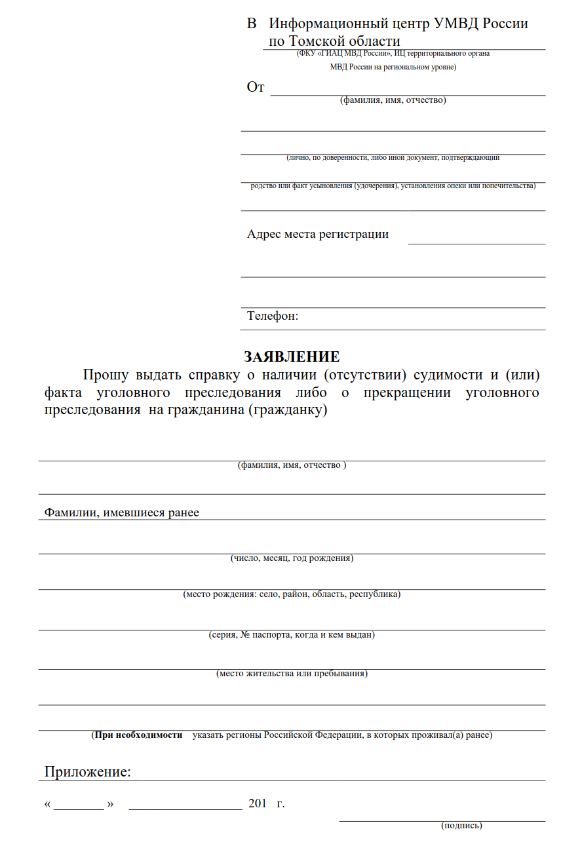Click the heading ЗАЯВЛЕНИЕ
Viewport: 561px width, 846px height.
pyautogui.click(x=292, y=357)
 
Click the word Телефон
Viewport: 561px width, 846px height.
pyautogui.click(x=272, y=316)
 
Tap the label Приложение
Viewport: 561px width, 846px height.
pyautogui.click(x=87, y=772)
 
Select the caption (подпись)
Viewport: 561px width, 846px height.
pyautogui.click(x=462, y=825)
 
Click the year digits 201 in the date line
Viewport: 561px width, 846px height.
pyautogui.click(x=258, y=804)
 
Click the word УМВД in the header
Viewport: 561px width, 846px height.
pyautogui.click(x=456, y=24)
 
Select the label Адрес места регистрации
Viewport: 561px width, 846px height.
pyautogui.click(x=318, y=234)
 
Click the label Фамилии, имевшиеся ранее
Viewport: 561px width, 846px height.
pyautogui.click(x=121, y=512)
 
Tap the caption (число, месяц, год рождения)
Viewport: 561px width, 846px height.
pyautogui.click(x=292, y=558)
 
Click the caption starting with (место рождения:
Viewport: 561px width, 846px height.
pyautogui.click(x=292, y=594)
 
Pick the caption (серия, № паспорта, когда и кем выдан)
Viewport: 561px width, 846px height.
pyautogui.click(x=292, y=635)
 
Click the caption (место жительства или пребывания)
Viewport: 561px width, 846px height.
pyautogui.click(x=292, y=674)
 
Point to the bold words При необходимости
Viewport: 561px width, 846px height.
pyautogui.click(x=138, y=735)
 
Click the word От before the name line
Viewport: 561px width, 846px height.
pyautogui.click(x=256, y=87)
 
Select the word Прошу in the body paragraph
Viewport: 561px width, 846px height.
pyautogui.click(x=106, y=375)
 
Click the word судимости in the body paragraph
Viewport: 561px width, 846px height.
pyautogui.click(x=446, y=375)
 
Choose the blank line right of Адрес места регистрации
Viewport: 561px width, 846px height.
pyautogui.click(x=476, y=241)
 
